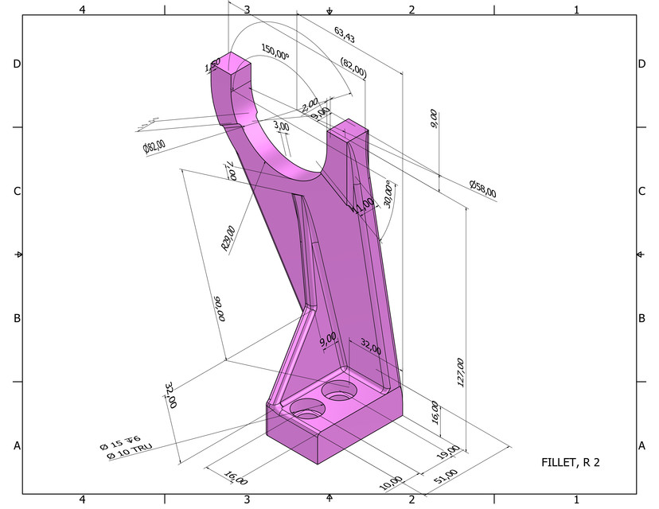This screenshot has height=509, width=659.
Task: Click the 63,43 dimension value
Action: pyautogui.click(x=345, y=34)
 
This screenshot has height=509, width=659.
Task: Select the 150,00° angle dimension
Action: pyautogui.click(x=275, y=53)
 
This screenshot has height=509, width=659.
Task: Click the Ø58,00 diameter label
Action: pyautogui.click(x=483, y=188)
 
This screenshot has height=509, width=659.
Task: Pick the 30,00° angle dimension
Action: pyautogui.click(x=389, y=193)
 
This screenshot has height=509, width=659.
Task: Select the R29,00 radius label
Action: pyautogui.click(x=228, y=239)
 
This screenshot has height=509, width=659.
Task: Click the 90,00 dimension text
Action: pyautogui.click(x=218, y=309)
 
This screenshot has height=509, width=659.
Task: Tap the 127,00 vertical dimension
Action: pyautogui.click(x=460, y=371)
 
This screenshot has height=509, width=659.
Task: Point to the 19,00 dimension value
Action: pyautogui.click(x=449, y=451)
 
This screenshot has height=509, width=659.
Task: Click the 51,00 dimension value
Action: pyautogui.click(x=446, y=475)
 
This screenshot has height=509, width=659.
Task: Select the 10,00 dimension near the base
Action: pyautogui.click(x=391, y=483)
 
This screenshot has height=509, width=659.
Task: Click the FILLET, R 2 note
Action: pyautogui.click(x=571, y=461)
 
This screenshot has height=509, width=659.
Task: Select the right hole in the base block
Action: pyautogui.click(x=340, y=391)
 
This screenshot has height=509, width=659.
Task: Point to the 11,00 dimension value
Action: pyautogui.click(x=365, y=204)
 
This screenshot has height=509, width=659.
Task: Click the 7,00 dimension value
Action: pyautogui.click(x=231, y=170)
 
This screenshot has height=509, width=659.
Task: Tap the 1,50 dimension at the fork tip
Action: pyautogui.click(x=213, y=68)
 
